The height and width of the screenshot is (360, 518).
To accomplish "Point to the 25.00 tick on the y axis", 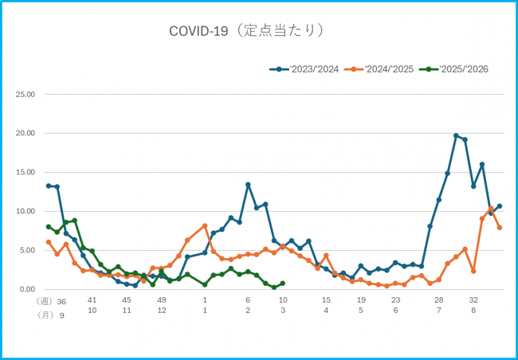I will click(x=26, y=94).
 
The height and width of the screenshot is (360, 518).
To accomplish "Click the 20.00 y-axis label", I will click(x=26, y=133).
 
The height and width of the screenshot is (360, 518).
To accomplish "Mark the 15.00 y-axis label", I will click(x=26, y=172).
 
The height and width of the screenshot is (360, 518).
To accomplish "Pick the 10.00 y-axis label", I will click(x=26, y=211).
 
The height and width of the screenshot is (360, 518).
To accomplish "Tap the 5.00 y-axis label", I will click(x=28, y=250).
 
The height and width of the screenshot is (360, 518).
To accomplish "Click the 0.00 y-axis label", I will click(x=28, y=289).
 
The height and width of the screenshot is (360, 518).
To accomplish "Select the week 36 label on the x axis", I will click(x=61, y=301).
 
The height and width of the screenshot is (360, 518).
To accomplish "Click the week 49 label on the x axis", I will click(x=162, y=300).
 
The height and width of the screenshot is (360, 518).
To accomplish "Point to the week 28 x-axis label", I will click(x=438, y=300).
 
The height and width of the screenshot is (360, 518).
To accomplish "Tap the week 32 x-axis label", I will click(x=473, y=300).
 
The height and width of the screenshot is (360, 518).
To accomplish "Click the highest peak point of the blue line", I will click(x=456, y=135).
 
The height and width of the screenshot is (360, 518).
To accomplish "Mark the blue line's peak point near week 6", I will click(x=248, y=185).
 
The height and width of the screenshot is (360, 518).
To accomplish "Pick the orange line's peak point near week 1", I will click(x=205, y=226).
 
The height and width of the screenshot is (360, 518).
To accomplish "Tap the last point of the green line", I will click(x=283, y=284).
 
